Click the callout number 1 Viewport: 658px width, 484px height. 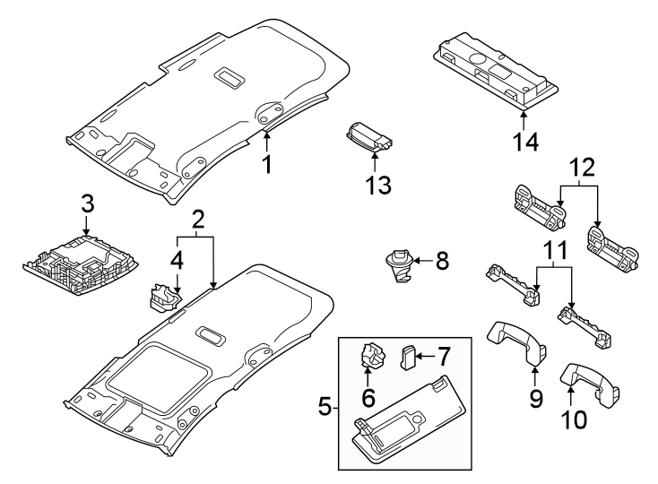266,164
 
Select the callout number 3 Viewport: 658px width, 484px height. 87,203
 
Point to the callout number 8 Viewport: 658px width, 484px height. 441,262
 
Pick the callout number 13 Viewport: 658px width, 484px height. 378,186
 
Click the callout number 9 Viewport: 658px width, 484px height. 536,398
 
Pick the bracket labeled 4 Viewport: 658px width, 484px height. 161,297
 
